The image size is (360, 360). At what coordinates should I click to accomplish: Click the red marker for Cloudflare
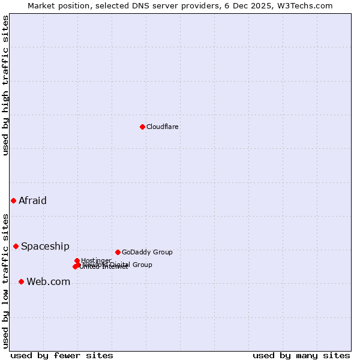tap(142, 127)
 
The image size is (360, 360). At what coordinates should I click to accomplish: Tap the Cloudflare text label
tap(163, 127)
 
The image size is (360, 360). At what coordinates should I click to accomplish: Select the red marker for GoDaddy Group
tap(118, 252)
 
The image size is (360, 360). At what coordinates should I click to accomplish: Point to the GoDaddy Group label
tap(147, 252)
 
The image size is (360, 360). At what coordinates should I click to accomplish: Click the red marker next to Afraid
tap(13, 200)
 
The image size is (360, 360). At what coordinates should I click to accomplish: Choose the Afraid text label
tap(32, 200)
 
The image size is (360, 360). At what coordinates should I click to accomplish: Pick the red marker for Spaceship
tap(16, 246)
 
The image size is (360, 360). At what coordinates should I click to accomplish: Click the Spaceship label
tap(45, 246)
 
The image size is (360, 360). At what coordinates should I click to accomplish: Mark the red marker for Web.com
tap(21, 281)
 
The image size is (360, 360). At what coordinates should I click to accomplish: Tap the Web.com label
tap(48, 281)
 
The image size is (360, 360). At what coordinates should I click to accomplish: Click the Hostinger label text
tap(96, 260)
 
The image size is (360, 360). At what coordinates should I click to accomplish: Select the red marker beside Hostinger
tap(77, 260)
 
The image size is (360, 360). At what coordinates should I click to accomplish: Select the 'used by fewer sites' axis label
tap(62, 355)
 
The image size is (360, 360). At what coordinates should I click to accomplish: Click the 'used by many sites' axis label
tap(301, 355)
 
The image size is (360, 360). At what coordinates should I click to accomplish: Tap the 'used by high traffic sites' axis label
tap(5, 85)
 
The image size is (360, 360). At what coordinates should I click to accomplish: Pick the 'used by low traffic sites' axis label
tap(5, 280)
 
